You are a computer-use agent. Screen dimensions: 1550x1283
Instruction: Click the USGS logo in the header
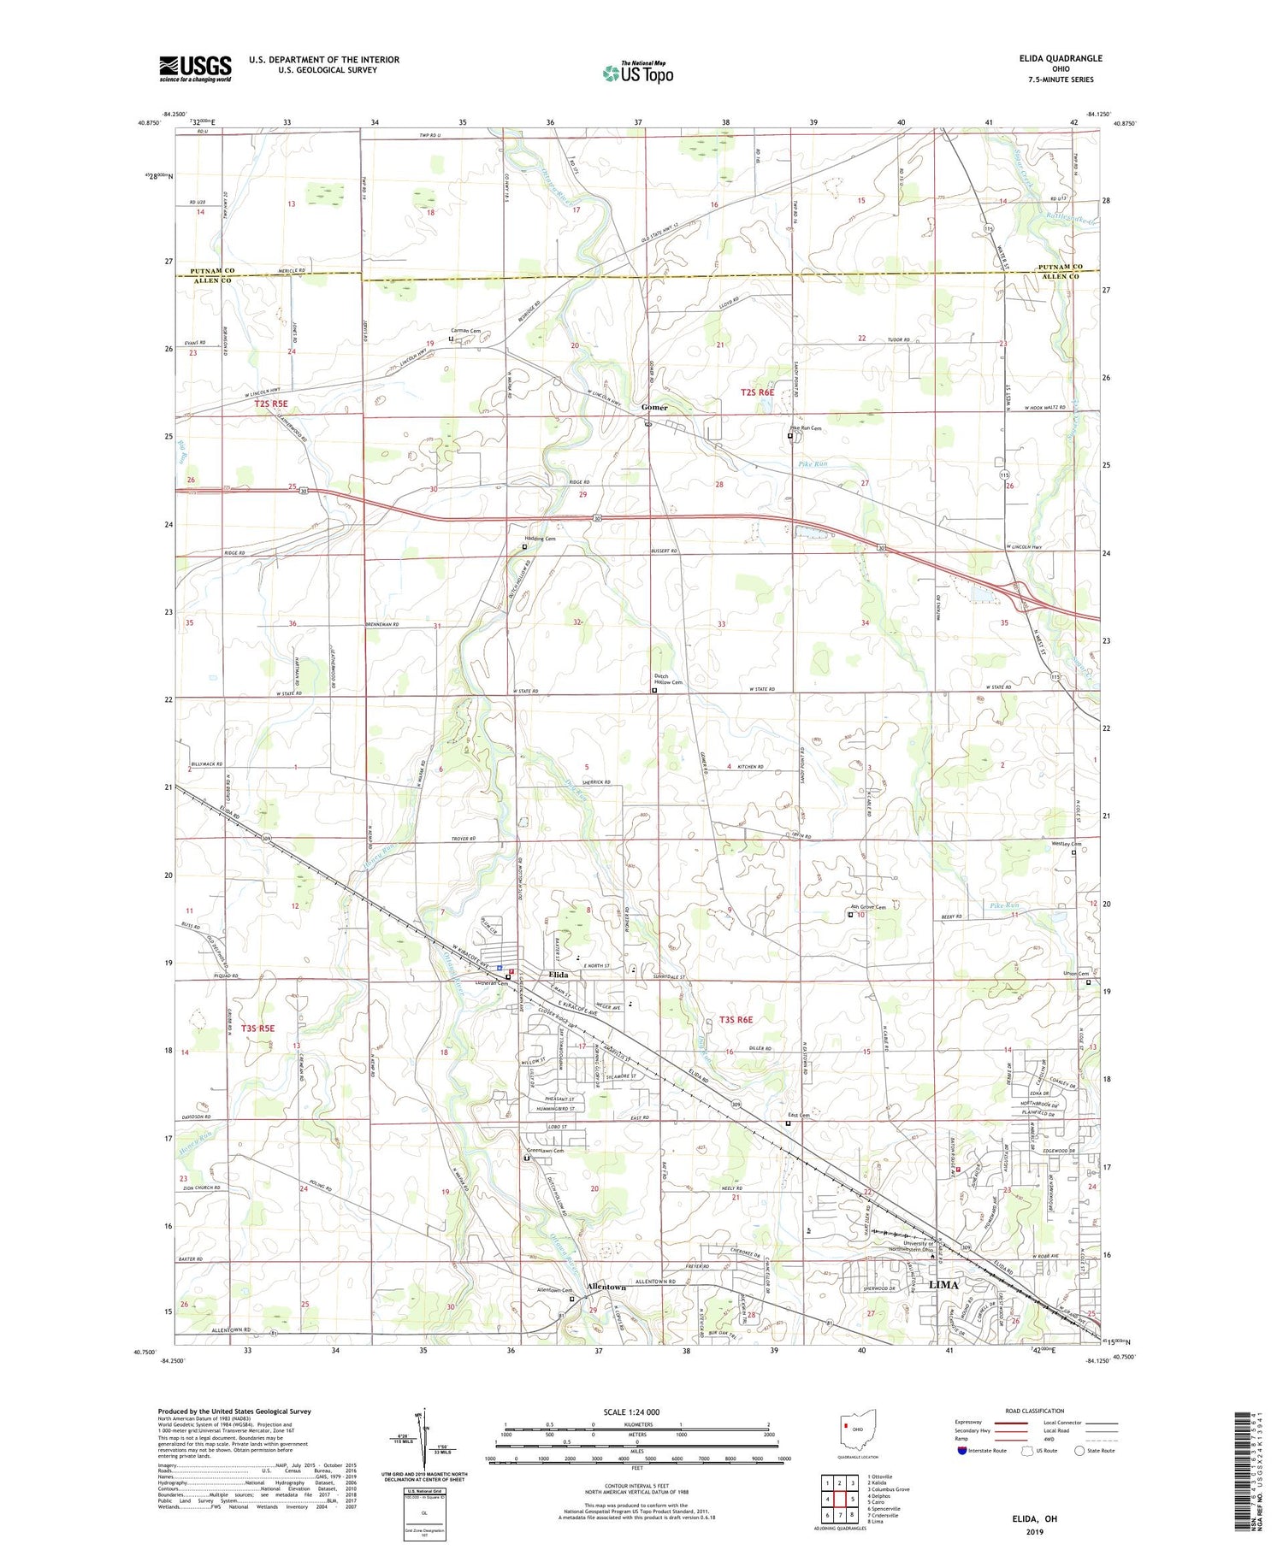195,68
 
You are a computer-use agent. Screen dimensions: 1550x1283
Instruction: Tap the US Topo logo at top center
638,73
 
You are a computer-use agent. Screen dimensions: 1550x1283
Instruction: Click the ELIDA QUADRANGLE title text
1060,58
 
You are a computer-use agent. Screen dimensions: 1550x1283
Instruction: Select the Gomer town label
654,408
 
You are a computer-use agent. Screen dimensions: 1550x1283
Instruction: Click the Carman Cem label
466,331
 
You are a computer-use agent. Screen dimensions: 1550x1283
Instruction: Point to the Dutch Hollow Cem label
669,679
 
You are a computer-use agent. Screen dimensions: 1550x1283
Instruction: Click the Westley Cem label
1066,844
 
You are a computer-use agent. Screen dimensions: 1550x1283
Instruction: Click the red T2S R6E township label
757,392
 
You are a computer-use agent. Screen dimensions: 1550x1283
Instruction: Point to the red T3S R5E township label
257,1028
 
